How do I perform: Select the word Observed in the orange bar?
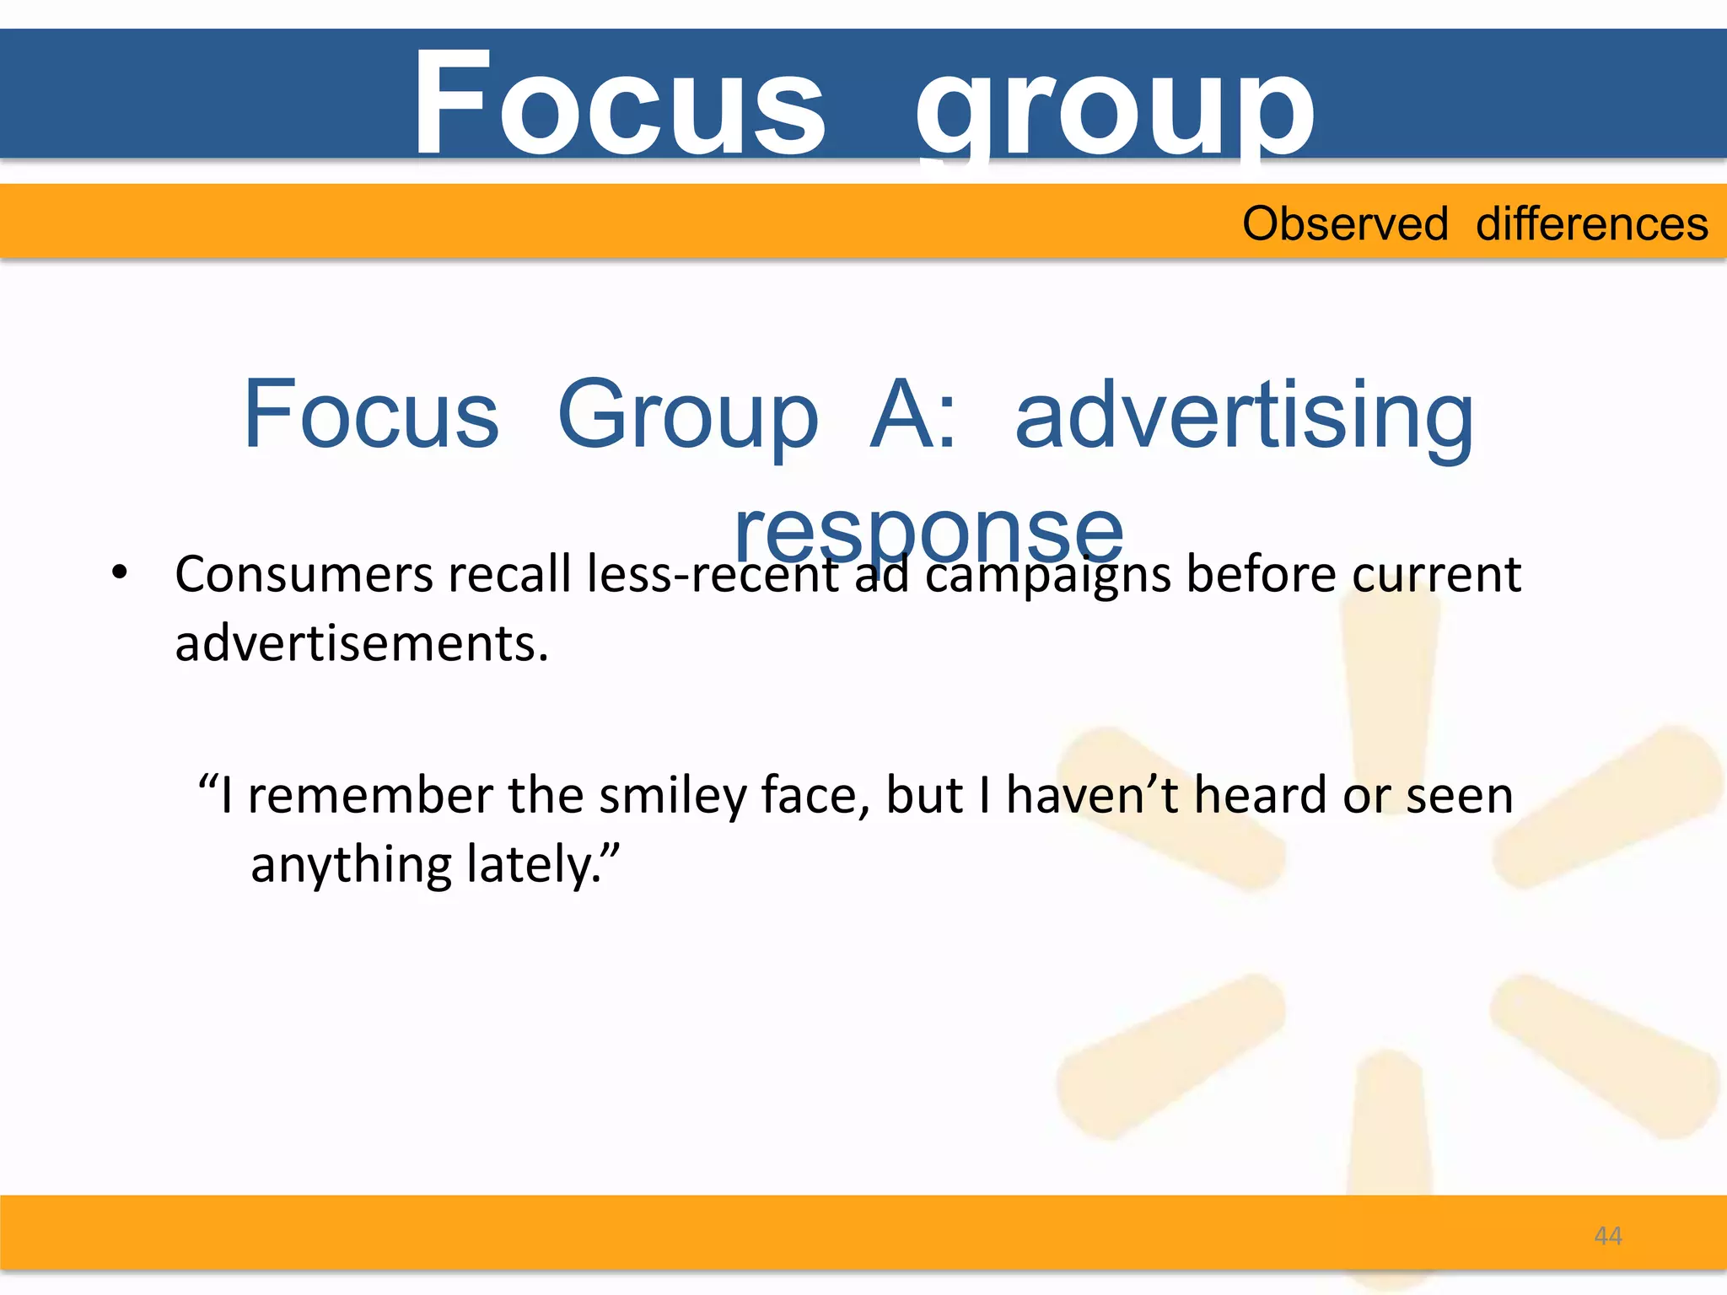pyautogui.click(x=1345, y=224)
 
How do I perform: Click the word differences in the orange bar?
pyautogui.click(x=1592, y=224)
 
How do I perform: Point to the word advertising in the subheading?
pyautogui.click(x=1244, y=415)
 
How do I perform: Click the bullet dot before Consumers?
pyautogui.click(x=120, y=572)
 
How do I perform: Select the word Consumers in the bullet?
pyautogui.click(x=304, y=575)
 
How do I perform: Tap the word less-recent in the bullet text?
pyautogui.click(x=713, y=575)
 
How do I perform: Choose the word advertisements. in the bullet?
pyautogui.click(x=362, y=643)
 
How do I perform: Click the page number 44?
pyautogui.click(x=1608, y=1236)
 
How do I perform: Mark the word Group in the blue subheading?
pyautogui.click(x=687, y=415)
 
